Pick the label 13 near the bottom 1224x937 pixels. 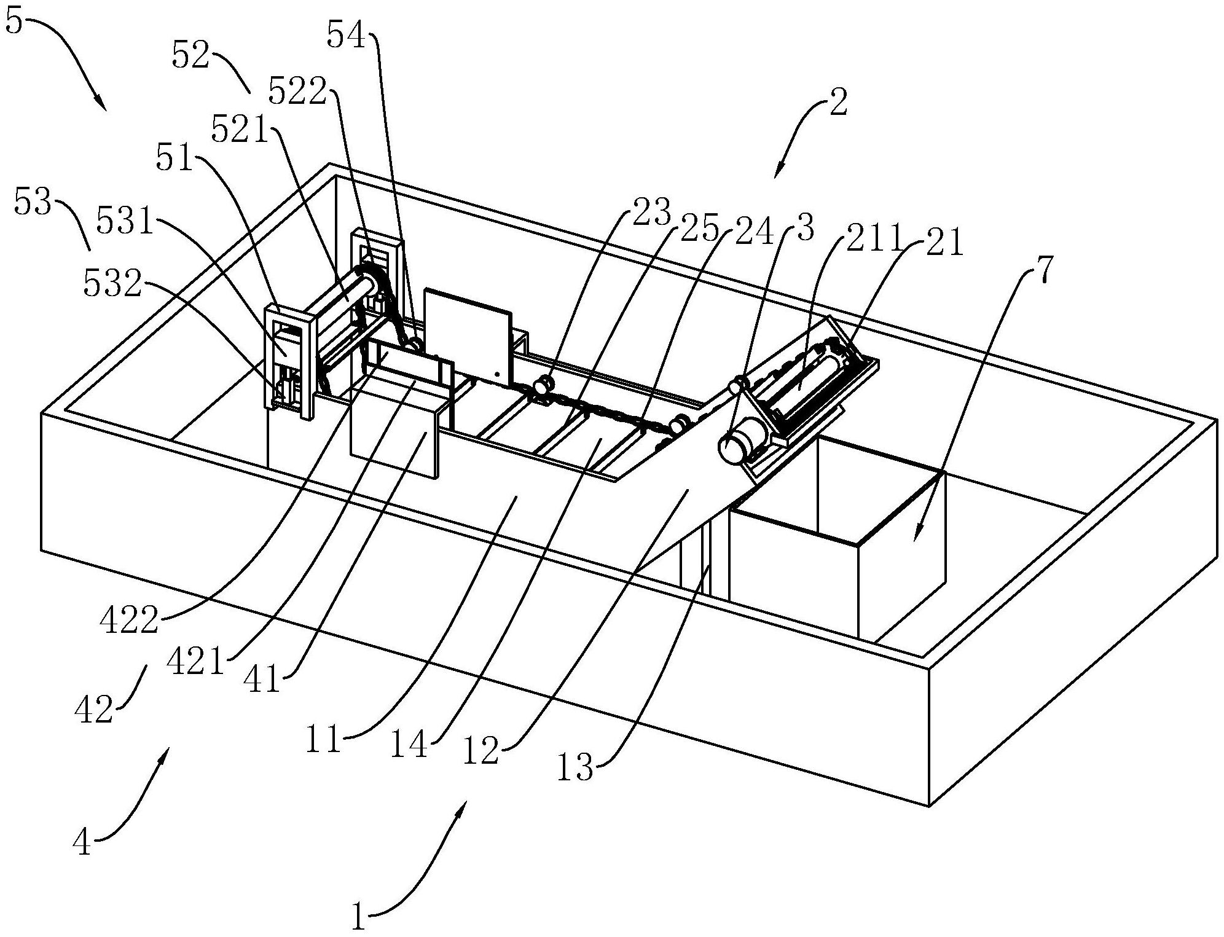point(576,767)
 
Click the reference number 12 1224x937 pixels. point(481,751)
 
